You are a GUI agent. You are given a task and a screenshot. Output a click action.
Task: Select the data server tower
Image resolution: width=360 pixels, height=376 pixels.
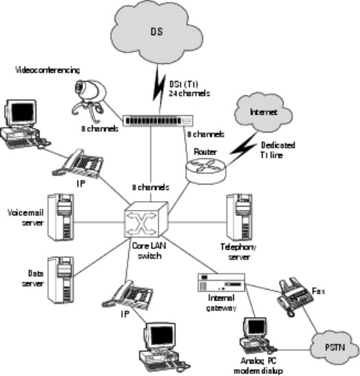pos(60,277)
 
